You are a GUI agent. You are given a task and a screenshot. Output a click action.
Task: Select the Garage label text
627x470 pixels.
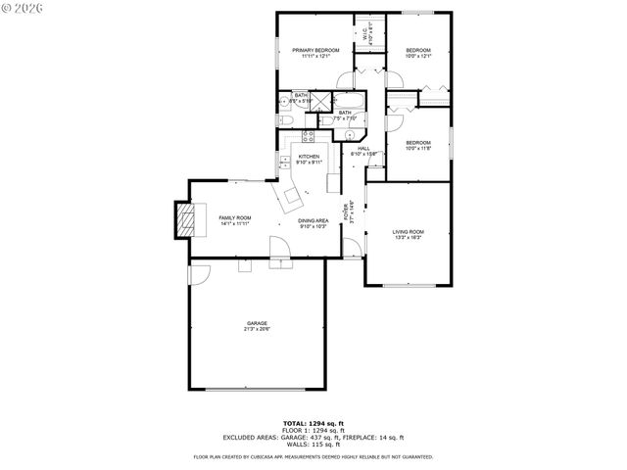pyautogui.click(x=257, y=326)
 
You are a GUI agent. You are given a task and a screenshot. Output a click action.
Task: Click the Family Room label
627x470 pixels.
pyautogui.click(x=234, y=220)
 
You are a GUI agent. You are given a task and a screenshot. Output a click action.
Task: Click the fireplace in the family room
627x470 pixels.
pyautogui.click(x=184, y=219)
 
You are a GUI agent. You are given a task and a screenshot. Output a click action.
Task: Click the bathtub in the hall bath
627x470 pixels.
pyautogui.click(x=351, y=102)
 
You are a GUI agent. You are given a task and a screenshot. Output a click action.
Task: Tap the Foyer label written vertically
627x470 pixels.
pyautogui.click(x=345, y=213)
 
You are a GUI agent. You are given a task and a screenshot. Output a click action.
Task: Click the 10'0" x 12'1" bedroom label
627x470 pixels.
pyautogui.click(x=418, y=53)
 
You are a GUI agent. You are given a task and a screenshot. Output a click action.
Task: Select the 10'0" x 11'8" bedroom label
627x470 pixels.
pyautogui.click(x=418, y=145)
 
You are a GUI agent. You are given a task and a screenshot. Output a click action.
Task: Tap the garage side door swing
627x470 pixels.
pyautogui.click(x=198, y=274)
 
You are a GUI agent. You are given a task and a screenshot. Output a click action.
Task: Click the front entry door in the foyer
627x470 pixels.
pyautogui.click(x=354, y=248)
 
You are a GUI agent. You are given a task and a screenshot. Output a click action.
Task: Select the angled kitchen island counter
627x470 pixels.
pyautogui.click(x=291, y=199)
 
